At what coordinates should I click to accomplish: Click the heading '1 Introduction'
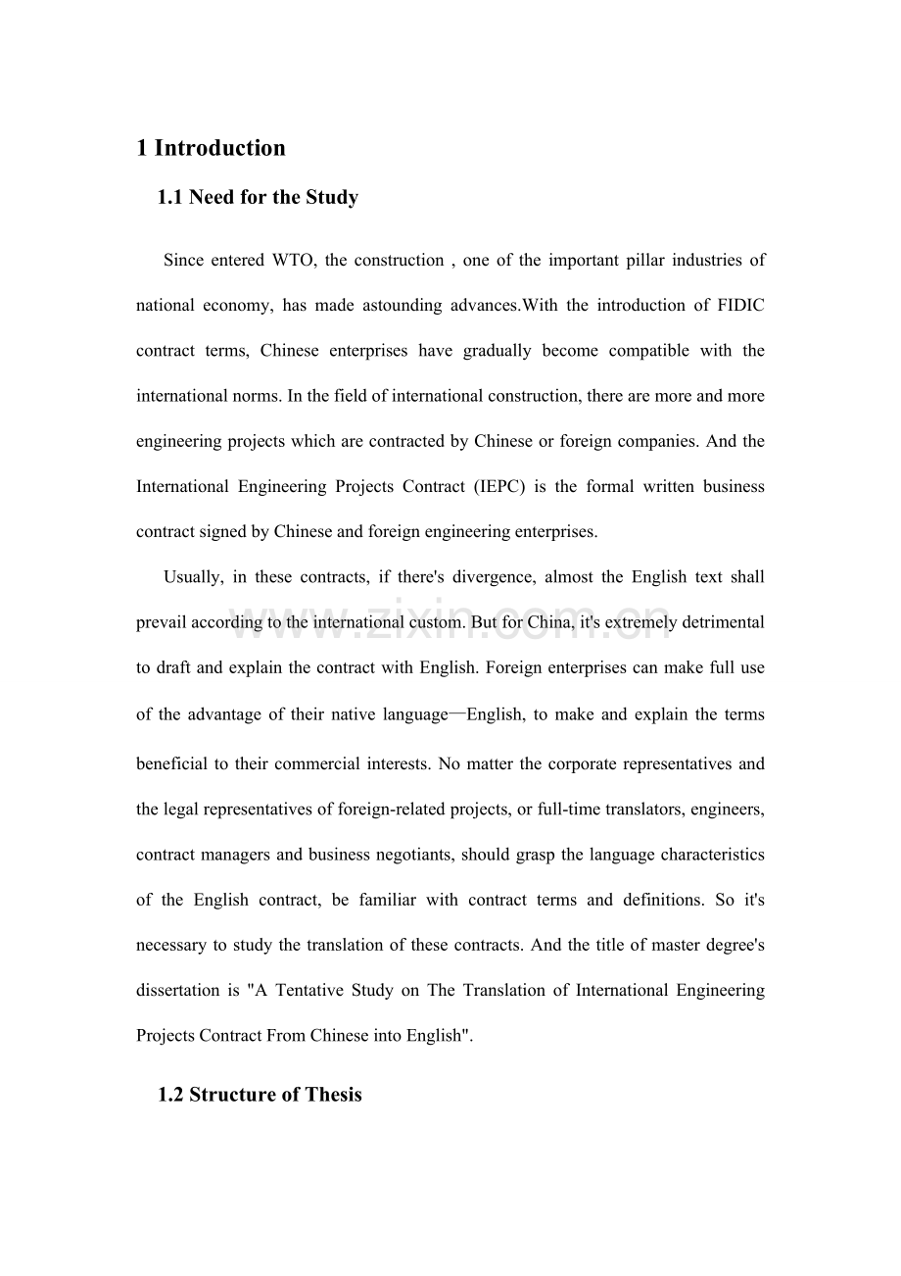click(x=211, y=148)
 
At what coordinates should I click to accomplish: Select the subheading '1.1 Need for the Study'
click(x=258, y=198)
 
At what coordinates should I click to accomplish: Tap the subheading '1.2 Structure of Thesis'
click(x=260, y=1095)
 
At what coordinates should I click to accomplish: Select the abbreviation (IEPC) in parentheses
click(x=528, y=487)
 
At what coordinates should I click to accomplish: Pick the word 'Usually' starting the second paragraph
click(x=192, y=577)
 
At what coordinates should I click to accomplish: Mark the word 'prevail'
click(x=161, y=622)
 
